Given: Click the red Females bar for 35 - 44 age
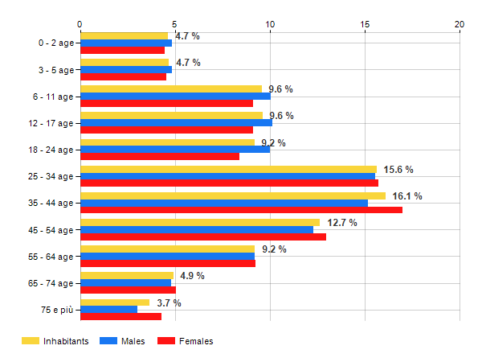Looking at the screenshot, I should click(x=241, y=210).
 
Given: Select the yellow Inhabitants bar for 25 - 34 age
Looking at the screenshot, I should click(x=228, y=169).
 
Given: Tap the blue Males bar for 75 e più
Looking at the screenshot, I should click(x=108, y=310).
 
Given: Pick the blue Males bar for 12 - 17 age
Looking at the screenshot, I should click(x=176, y=122).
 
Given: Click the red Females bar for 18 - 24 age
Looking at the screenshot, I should click(x=160, y=156).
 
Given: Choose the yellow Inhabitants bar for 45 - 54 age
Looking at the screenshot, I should click(x=200, y=222).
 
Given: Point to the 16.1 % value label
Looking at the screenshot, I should click(x=406, y=196).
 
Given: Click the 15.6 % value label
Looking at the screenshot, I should click(x=398, y=170).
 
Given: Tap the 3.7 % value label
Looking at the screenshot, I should click(x=169, y=303).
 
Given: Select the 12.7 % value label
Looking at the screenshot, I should click(x=342, y=223).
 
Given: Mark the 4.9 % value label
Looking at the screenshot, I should click(x=192, y=276).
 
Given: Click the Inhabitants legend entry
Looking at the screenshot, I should click(x=55, y=341).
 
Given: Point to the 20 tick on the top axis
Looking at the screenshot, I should click(x=460, y=24).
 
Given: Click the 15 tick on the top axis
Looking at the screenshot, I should click(x=365, y=24).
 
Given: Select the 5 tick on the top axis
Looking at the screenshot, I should click(x=175, y=24).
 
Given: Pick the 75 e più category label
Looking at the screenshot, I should click(x=58, y=311).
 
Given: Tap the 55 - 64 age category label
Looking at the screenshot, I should click(x=53, y=257).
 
